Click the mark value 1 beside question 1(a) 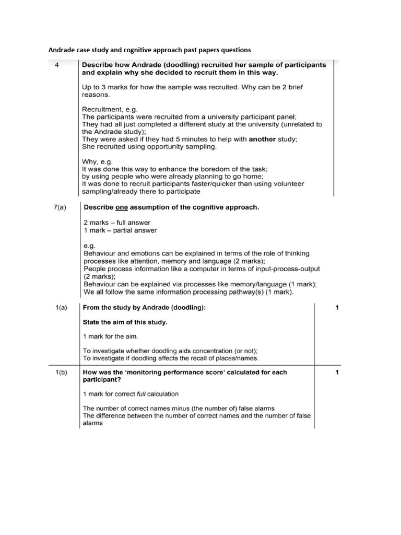click(337, 308)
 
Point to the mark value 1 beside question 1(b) click(337, 373)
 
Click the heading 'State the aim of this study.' click(125, 322)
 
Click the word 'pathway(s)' click(247, 292)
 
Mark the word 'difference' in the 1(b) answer click(114, 415)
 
